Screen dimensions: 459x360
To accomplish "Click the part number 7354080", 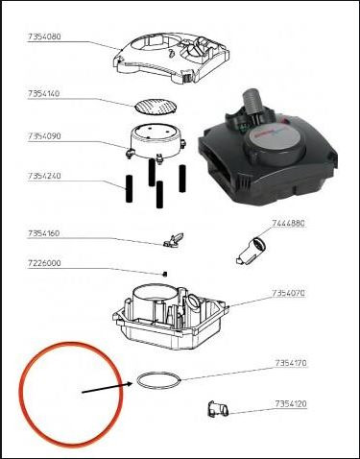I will (43, 39).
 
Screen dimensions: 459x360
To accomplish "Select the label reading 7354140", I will (43, 96).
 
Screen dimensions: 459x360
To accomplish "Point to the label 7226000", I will (43, 263).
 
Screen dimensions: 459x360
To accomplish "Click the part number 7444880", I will (288, 223).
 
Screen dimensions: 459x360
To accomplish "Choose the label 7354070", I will (288, 292).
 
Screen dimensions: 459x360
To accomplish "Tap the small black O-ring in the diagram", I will (156, 381).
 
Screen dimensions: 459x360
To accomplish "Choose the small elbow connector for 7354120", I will (216, 410).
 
